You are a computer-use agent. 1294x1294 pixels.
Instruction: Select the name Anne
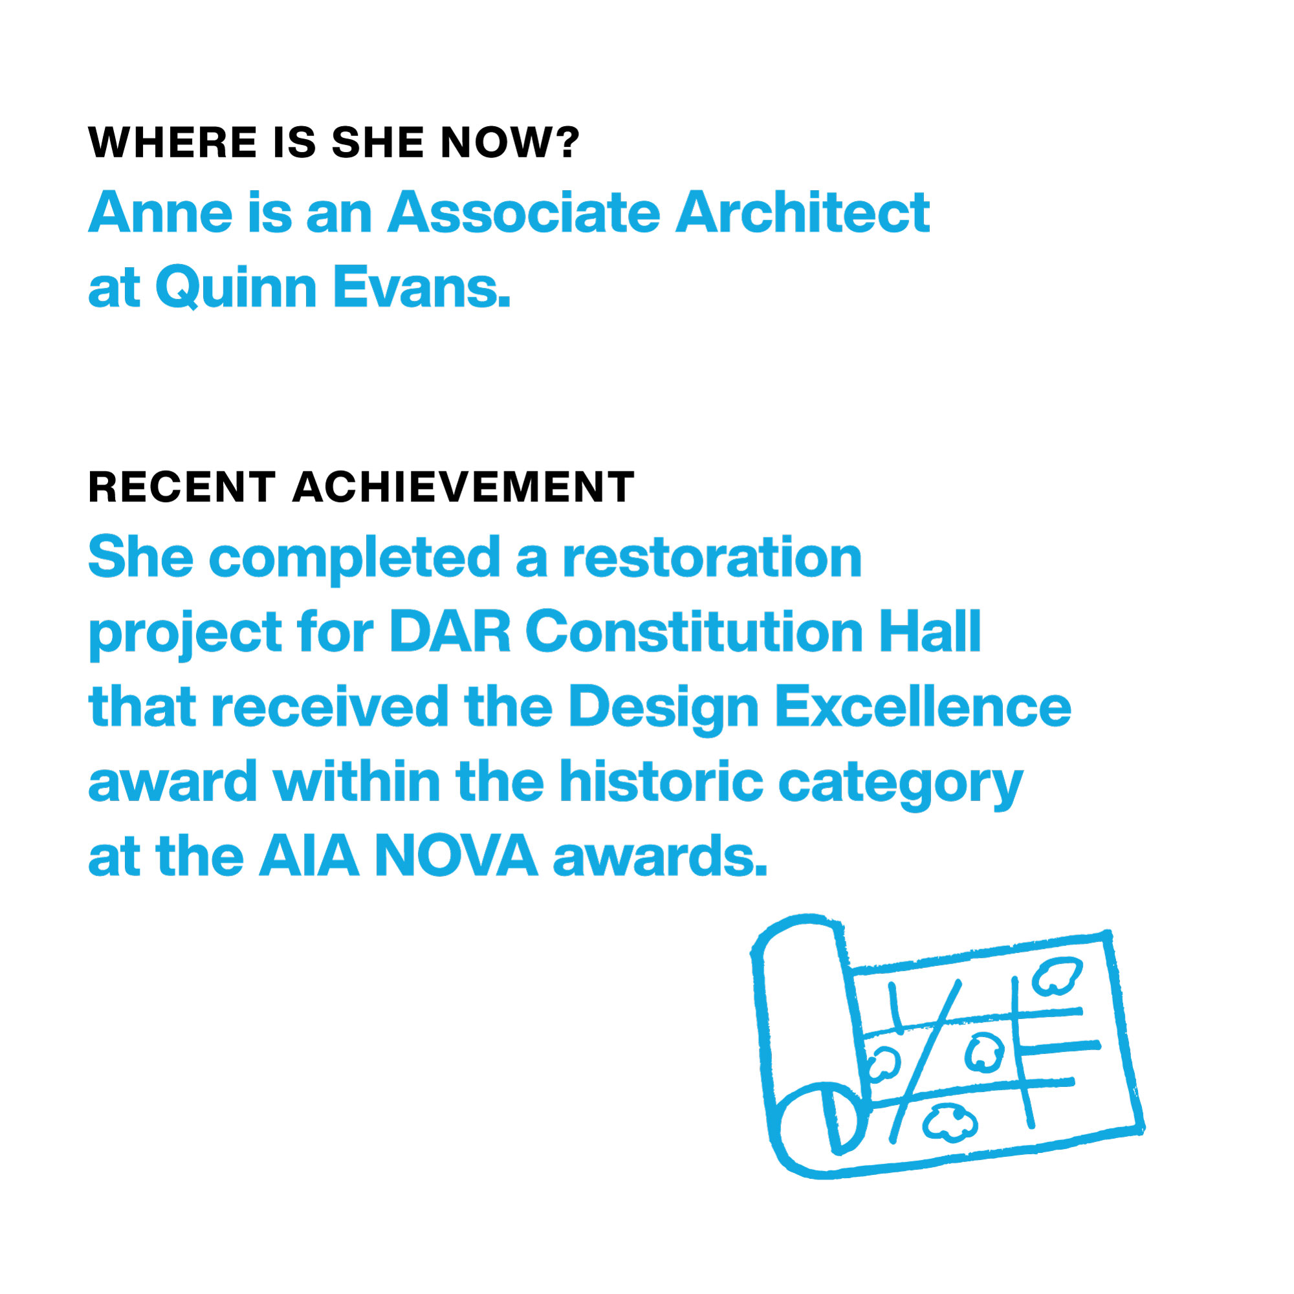159,212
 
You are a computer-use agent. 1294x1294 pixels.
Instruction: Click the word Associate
524,212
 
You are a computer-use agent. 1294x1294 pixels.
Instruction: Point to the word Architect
802,212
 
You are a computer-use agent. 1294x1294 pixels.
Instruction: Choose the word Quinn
236,287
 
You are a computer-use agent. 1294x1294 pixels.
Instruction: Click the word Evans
421,287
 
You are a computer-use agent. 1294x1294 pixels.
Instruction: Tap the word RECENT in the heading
182,487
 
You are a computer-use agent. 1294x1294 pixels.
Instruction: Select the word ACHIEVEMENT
463,487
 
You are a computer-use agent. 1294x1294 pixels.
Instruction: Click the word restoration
712,557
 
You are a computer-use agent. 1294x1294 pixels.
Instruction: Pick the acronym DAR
450,631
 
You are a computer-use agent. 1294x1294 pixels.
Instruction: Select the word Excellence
923,707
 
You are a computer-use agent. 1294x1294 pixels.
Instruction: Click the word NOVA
456,856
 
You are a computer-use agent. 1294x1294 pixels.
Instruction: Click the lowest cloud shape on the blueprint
949,1123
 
